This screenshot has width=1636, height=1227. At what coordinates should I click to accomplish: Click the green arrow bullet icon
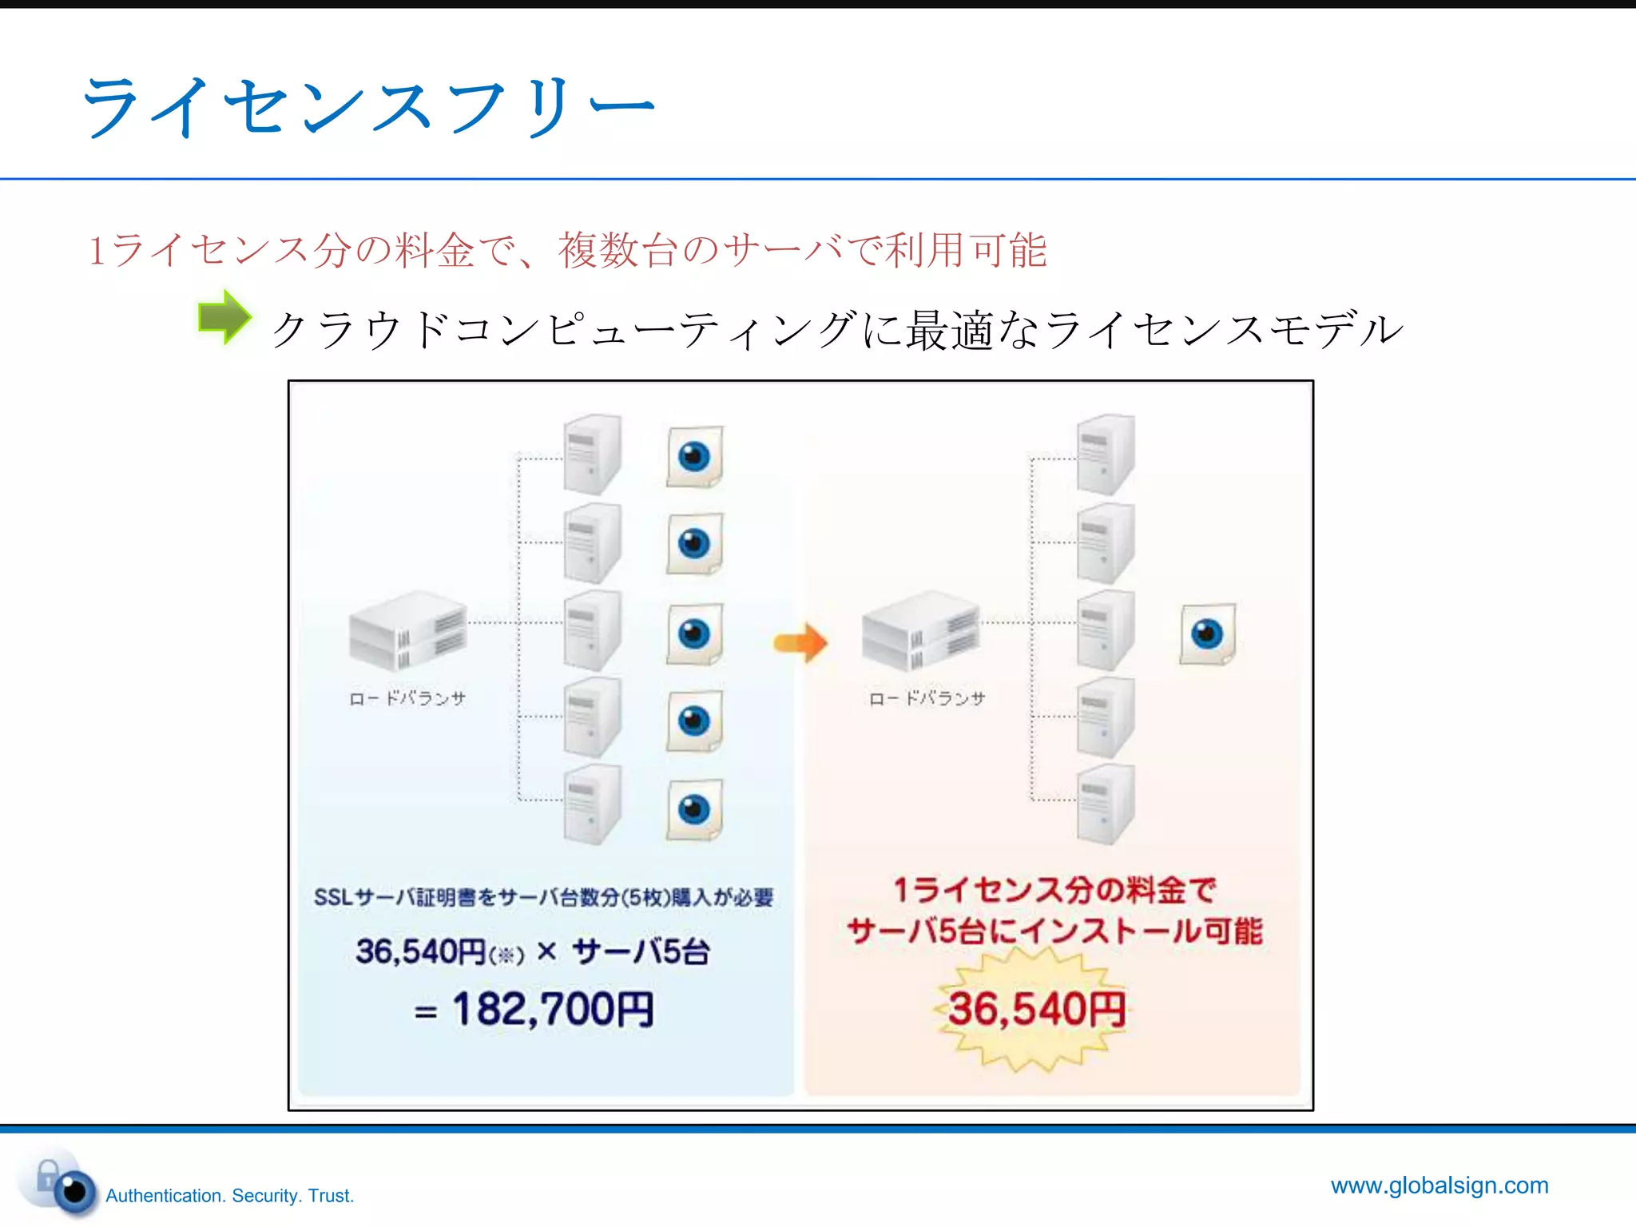coord(224,318)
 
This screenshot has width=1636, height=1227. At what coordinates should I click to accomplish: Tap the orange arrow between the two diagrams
coord(800,642)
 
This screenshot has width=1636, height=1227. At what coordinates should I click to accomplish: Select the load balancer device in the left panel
coord(407,631)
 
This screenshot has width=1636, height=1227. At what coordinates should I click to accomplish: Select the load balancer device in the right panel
coord(921,631)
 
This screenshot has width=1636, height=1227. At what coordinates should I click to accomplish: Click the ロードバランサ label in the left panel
coord(407,699)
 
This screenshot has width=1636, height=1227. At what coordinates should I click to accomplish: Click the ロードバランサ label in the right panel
coord(927,699)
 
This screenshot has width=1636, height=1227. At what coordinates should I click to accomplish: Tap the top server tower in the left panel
coord(592,454)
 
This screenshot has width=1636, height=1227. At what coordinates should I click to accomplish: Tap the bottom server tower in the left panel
coord(592,804)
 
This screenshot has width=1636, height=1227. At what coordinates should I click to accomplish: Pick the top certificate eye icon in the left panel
coord(694,457)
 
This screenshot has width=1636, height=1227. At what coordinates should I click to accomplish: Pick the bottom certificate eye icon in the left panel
coord(694,809)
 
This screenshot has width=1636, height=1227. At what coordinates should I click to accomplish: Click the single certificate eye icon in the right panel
coord(1207,634)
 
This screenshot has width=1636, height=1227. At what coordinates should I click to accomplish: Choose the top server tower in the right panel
coord(1105,454)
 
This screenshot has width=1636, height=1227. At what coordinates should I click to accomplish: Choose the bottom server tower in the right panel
coord(1105,804)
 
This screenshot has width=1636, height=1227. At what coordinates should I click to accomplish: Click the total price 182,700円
coord(553,1009)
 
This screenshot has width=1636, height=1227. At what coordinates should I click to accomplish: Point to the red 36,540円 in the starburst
coord(1036,1009)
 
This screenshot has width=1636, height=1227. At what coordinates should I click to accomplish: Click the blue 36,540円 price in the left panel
coord(421,951)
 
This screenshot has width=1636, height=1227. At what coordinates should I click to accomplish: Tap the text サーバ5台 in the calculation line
coord(641,951)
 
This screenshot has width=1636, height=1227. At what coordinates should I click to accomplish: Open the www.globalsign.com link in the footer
coord(1439,1185)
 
